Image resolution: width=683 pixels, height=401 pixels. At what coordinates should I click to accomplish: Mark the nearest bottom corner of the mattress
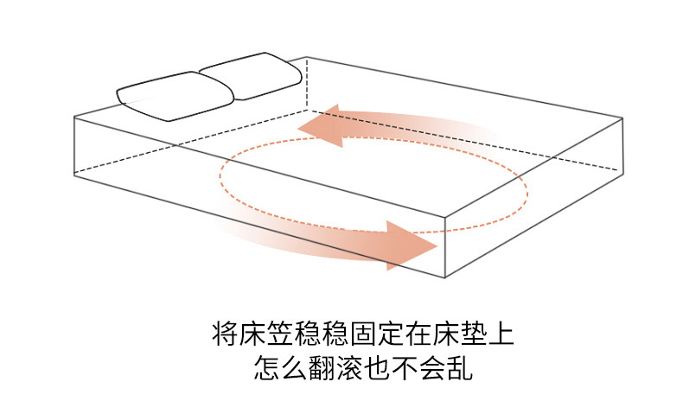coord(444,279)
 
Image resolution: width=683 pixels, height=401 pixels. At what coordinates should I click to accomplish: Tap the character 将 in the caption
coord(223,333)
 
